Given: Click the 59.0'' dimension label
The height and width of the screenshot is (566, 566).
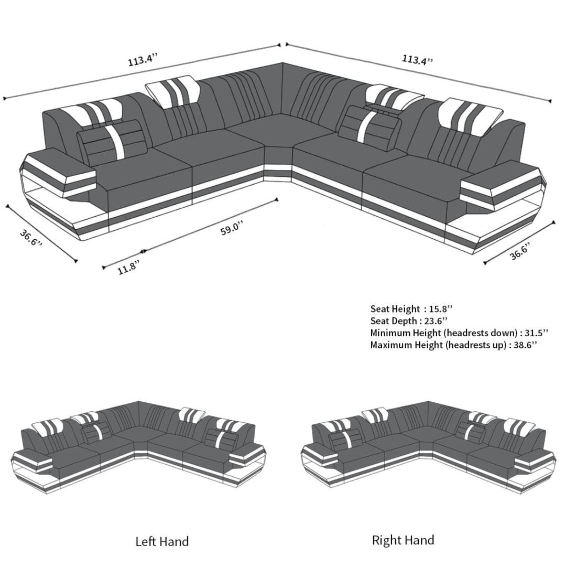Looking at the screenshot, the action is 232,229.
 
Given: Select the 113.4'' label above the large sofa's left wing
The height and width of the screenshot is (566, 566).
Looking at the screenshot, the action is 143,60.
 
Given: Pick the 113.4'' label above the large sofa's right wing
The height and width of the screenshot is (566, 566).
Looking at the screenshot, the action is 417,59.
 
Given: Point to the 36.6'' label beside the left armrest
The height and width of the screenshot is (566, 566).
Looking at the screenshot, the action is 31,238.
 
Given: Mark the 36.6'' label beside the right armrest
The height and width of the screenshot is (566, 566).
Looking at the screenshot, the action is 520,252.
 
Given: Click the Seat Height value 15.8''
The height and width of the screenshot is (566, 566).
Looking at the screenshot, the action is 440,309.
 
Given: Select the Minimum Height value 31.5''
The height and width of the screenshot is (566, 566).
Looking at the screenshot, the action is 536,333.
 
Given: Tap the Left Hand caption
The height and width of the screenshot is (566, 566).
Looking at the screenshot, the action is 162,541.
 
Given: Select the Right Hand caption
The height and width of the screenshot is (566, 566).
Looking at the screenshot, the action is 403,540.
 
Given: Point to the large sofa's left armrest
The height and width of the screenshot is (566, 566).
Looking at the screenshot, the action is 60,166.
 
